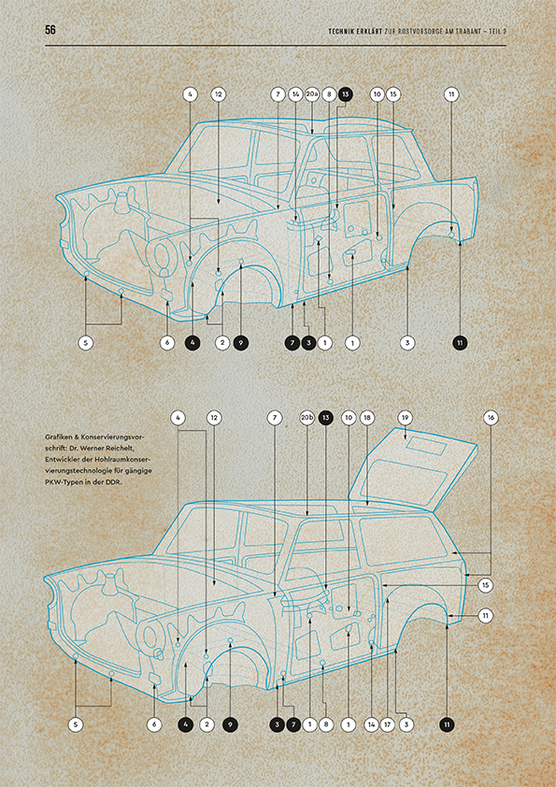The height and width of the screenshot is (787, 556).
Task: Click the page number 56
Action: click(x=50, y=30)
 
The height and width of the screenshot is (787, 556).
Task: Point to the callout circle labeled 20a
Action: click(x=312, y=94)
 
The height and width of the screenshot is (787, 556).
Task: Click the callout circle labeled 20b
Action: click(x=307, y=418)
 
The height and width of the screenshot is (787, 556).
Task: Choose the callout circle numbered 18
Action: click(x=367, y=418)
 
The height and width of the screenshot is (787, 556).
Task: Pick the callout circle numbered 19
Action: click(x=405, y=418)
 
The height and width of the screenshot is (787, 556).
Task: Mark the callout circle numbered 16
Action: click(x=492, y=418)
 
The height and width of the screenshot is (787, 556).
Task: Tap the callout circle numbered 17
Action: click(x=387, y=724)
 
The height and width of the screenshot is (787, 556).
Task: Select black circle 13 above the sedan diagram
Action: click(x=345, y=94)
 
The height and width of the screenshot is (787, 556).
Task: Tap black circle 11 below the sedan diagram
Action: click(x=460, y=343)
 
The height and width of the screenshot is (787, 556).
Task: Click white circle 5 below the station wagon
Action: click(x=76, y=724)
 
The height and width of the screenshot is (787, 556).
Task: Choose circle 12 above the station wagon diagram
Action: click(x=214, y=418)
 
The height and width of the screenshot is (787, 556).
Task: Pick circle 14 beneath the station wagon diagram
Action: click(x=371, y=724)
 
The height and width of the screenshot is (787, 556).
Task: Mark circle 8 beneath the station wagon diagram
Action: click(x=326, y=724)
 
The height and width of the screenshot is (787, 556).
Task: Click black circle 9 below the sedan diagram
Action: click(x=241, y=343)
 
